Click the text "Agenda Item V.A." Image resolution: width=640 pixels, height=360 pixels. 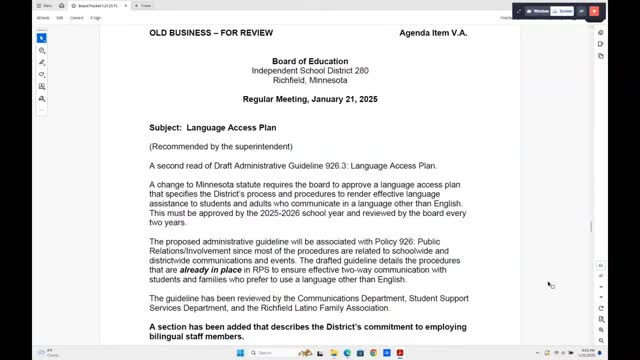pos(433,33)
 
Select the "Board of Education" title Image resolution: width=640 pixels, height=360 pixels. pos(308,61)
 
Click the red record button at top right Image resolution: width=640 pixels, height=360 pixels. pos(594,11)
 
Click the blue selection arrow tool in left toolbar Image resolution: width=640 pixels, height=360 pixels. pos(42,38)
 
